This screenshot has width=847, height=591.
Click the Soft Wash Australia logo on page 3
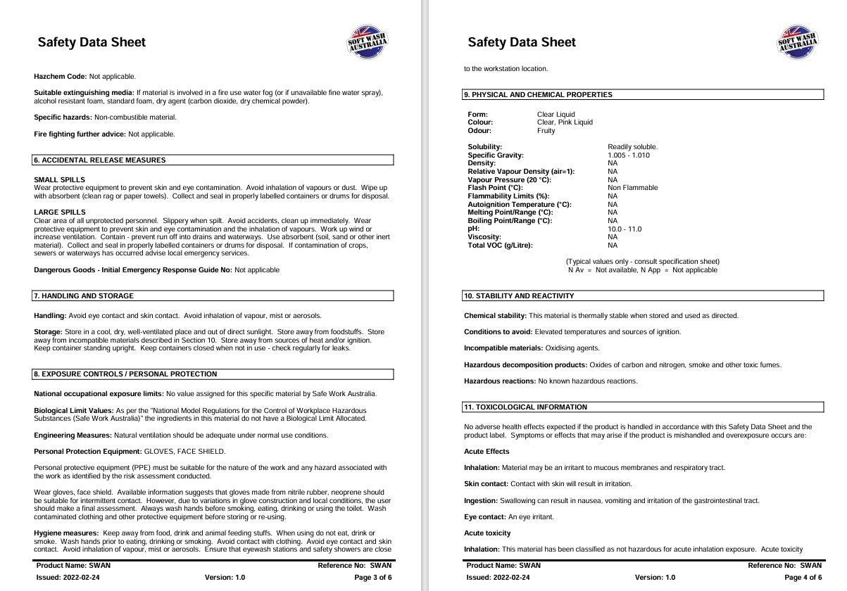[368, 42]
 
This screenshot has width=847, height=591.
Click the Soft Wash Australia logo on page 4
[798, 42]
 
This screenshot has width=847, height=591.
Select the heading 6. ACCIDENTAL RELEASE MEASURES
[100, 160]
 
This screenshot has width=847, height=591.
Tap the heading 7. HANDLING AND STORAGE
[84, 296]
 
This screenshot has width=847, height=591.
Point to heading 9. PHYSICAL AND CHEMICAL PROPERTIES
[538, 95]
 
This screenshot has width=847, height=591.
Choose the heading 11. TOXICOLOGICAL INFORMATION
[525, 407]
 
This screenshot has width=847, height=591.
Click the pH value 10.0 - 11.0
[625, 229]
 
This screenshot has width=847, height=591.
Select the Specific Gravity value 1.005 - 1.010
[629, 155]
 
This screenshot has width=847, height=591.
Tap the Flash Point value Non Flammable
[633, 188]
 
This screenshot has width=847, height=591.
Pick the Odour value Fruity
[546, 131]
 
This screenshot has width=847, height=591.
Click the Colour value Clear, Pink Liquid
[565, 122]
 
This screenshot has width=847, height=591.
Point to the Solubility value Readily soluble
[632, 147]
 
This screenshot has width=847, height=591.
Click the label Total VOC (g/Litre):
[500, 246]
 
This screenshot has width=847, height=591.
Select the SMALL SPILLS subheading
[59, 180]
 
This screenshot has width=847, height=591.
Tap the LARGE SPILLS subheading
[60, 212]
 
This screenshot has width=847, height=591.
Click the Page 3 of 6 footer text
[373, 578]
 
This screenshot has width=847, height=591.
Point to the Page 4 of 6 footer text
[803, 578]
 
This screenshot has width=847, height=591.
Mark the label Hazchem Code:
[61, 77]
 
